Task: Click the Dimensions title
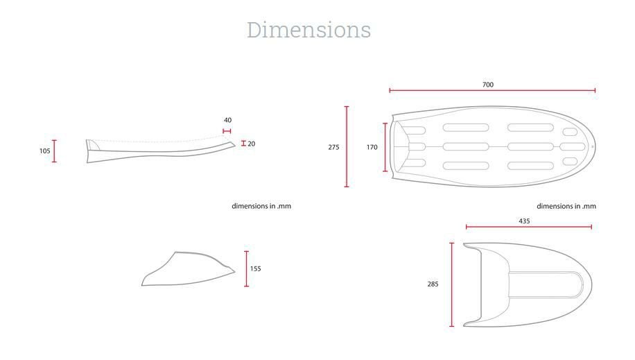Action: pyautogui.click(x=308, y=30)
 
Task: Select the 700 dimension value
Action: pyautogui.click(x=488, y=85)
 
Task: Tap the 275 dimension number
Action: pyautogui.click(x=333, y=147)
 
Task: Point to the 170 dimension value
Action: pyautogui.click(x=372, y=147)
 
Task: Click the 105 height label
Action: pyautogui.click(x=45, y=151)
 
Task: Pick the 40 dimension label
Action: pyautogui.click(x=227, y=120)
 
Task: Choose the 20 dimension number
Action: pyautogui.click(x=252, y=144)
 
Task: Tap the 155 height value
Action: pyautogui.click(x=256, y=268)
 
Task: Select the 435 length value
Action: pyautogui.click(x=525, y=221)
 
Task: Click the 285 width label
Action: pyautogui.click(x=433, y=284)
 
